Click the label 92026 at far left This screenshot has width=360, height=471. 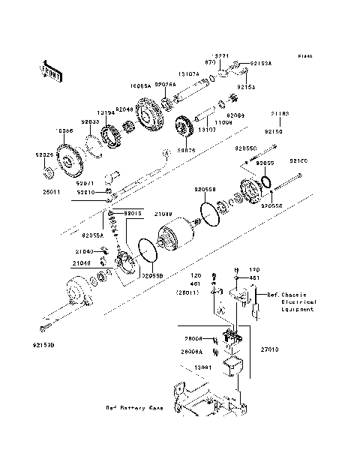(x=45, y=154)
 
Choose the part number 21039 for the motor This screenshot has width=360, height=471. (x=164, y=214)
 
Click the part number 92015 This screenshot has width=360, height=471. (x=133, y=214)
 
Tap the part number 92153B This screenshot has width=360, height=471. (x=44, y=346)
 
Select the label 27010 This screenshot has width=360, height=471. (x=269, y=348)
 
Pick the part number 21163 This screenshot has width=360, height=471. (x=280, y=113)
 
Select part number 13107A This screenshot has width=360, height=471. (x=188, y=74)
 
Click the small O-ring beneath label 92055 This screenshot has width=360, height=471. (x=266, y=181)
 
